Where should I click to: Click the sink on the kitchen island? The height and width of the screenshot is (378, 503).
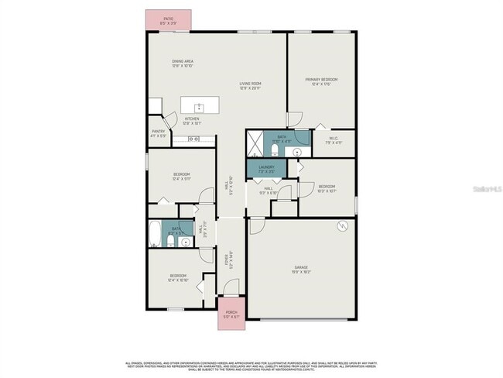(197, 105)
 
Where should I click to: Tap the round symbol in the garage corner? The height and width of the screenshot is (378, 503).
(340, 227)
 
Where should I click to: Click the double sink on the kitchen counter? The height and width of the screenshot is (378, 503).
(193, 139)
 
